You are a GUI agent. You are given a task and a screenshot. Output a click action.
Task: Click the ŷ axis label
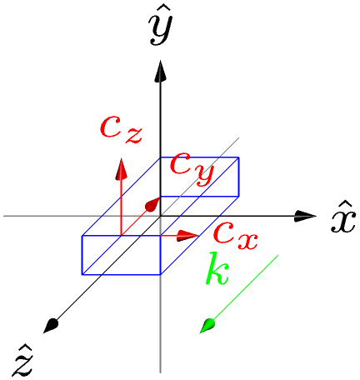(x=161, y=28)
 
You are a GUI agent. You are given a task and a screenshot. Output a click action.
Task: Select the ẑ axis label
(x=22, y=362)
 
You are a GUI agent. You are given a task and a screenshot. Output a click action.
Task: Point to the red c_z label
(x=121, y=130)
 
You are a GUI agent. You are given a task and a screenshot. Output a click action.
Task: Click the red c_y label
(x=192, y=169)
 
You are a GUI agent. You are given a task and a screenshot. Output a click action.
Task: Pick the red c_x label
(x=236, y=236)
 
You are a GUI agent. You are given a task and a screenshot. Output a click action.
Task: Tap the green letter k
(x=217, y=268)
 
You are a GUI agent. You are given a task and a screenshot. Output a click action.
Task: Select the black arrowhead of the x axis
(x=305, y=216)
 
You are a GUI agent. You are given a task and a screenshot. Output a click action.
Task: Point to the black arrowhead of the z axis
(x=51, y=326)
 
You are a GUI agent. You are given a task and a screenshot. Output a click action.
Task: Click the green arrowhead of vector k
(x=207, y=326)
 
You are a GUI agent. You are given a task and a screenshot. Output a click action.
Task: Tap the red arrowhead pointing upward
(x=121, y=169)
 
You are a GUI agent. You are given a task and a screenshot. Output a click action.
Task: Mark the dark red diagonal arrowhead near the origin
(x=152, y=204)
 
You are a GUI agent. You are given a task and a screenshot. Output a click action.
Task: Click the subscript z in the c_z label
(x=134, y=136)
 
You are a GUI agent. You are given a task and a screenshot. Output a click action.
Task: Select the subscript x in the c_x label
(x=247, y=242)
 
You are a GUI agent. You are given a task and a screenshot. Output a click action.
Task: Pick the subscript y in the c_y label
(x=204, y=176)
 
